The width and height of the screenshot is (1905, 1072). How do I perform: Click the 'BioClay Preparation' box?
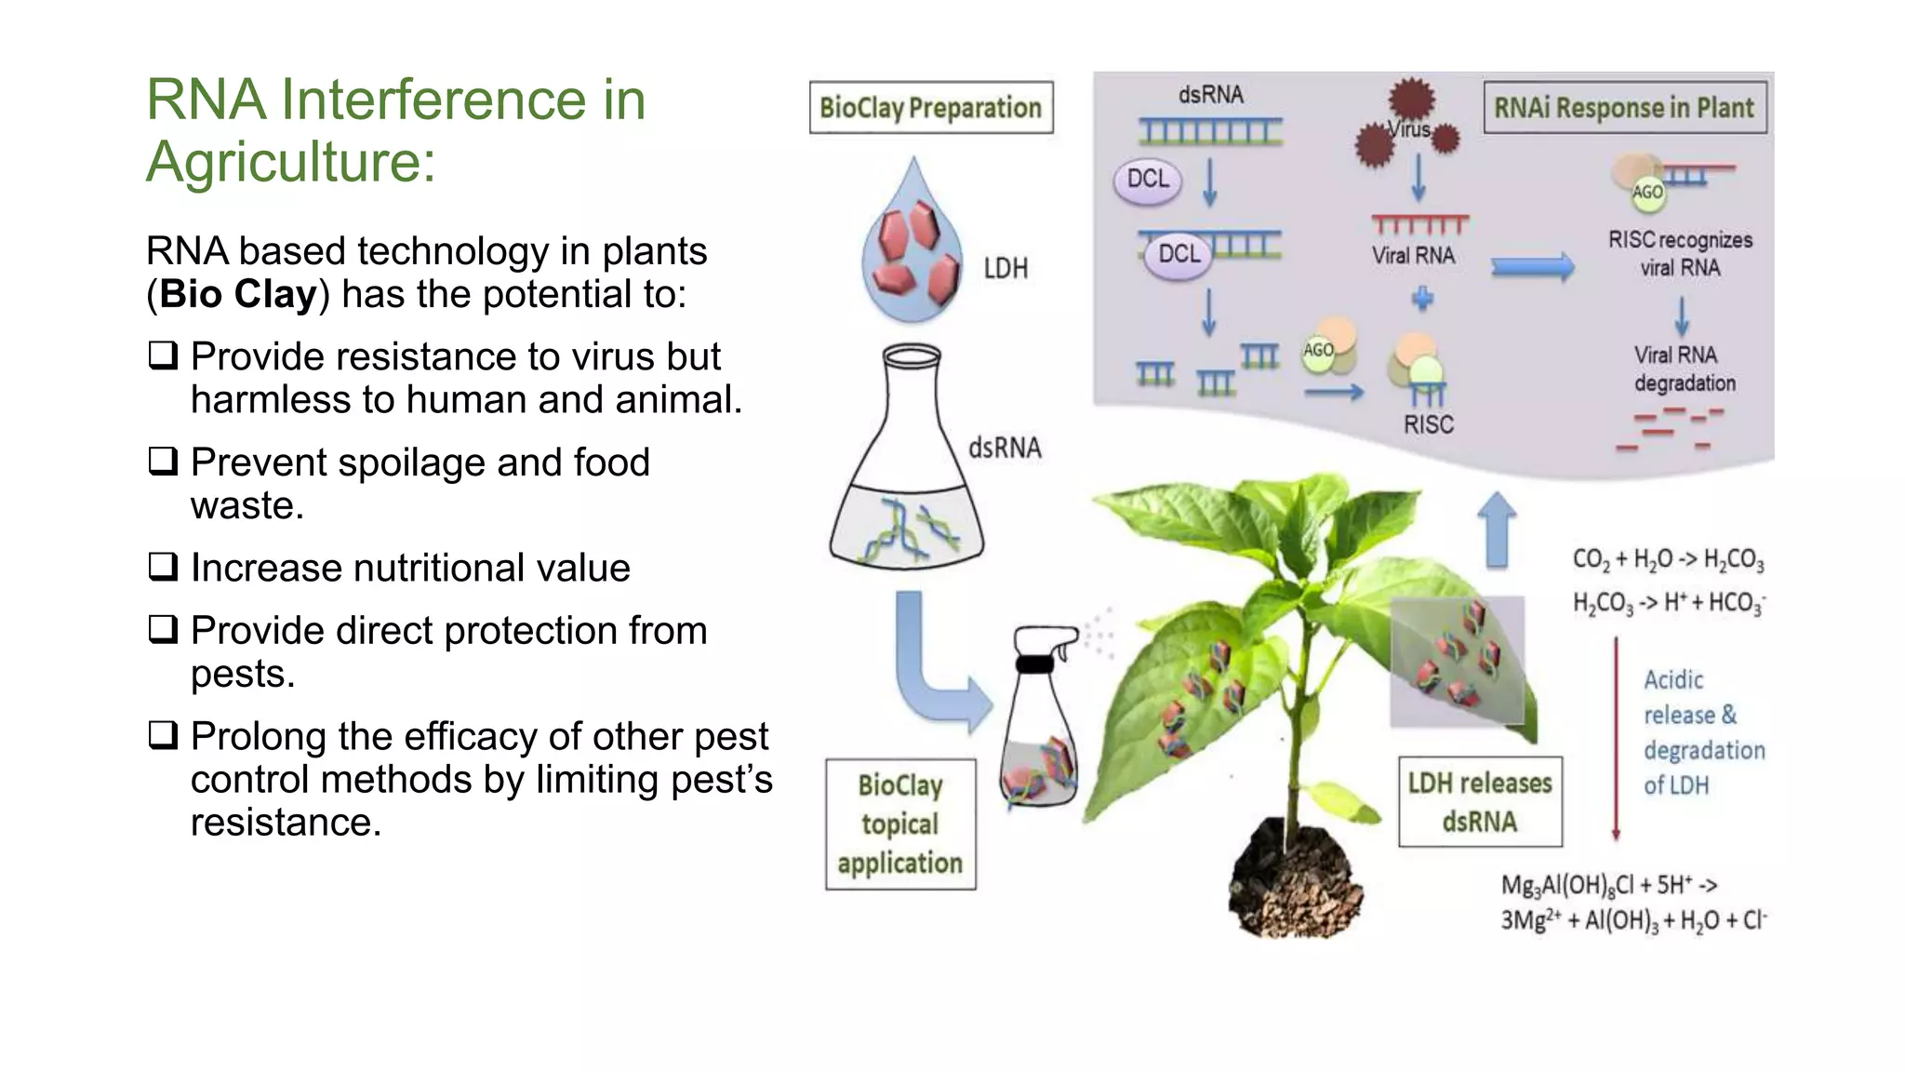[931, 108]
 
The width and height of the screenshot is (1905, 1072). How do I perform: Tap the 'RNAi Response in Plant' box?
[1624, 108]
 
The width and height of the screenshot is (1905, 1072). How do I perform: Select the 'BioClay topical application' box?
[899, 824]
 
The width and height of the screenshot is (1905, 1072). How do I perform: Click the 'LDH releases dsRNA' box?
[1479, 802]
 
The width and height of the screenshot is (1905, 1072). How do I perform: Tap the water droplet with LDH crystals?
[912, 251]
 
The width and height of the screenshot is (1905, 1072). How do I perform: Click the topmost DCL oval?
[1148, 180]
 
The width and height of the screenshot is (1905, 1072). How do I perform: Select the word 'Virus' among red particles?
[1409, 130]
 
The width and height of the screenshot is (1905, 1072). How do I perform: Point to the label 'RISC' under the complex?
[1428, 425]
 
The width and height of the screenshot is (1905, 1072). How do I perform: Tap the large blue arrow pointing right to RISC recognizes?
[1532, 268]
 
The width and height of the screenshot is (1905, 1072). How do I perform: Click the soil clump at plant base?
[1296, 884]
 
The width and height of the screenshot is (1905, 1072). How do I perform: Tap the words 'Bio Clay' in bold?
[238, 294]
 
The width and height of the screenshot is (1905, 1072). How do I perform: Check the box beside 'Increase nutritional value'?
[163, 566]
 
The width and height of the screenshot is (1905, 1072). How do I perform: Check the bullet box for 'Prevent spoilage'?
[163, 461]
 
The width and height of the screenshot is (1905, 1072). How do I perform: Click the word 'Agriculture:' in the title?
[291, 162]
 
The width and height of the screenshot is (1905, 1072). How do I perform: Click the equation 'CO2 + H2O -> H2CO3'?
[1667, 559]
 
